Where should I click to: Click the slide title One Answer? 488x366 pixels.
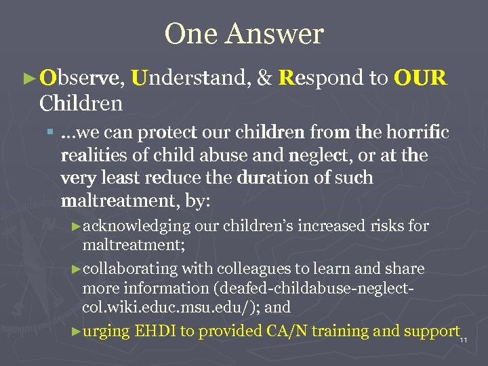point(244,34)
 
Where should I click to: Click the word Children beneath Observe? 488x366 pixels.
point(81,104)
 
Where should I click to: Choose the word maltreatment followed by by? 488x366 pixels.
point(113,201)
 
